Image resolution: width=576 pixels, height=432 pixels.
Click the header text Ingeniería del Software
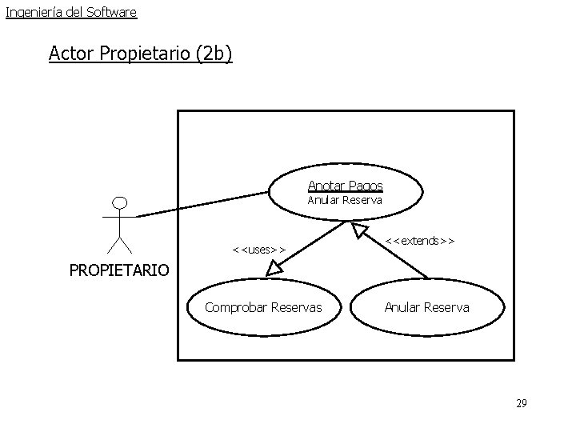(71, 12)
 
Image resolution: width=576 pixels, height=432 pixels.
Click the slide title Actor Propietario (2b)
(140, 54)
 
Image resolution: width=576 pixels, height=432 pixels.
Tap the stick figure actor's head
(120, 201)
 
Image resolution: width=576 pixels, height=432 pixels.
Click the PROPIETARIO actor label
(119, 270)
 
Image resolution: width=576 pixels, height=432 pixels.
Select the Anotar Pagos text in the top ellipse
(345, 186)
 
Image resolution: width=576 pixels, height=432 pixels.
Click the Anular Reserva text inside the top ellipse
(345, 200)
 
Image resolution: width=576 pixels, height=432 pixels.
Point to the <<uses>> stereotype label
(258, 249)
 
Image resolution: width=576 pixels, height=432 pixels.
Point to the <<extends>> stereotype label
(420, 239)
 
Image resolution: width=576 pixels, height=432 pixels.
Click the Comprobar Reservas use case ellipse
(263, 307)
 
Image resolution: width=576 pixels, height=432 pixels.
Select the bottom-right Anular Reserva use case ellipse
(427, 307)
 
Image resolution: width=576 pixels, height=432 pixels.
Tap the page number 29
(521, 403)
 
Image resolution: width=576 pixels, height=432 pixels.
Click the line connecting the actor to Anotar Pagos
(204, 203)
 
